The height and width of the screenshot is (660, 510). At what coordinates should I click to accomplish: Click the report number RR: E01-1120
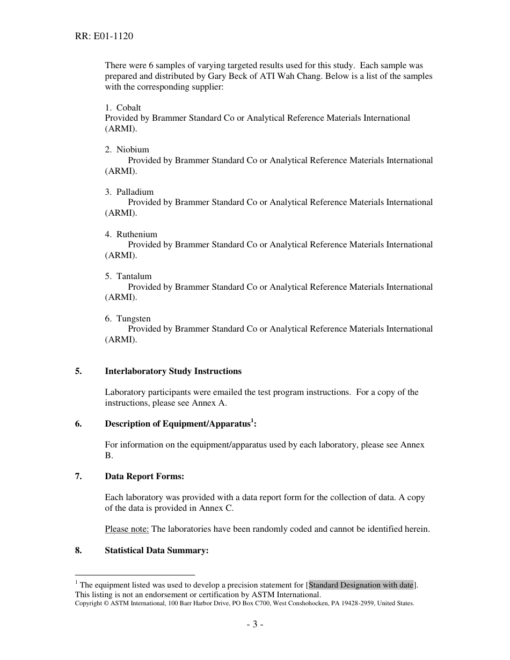tap(104, 36)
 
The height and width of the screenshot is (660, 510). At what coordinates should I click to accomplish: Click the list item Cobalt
tap(128, 107)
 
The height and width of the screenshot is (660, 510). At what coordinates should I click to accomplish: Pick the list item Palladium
tap(135, 192)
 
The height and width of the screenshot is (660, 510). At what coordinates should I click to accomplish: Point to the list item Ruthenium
tap(136, 234)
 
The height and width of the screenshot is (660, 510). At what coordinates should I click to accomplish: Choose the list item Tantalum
tap(134, 276)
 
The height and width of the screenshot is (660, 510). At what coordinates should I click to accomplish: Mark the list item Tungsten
tap(133, 319)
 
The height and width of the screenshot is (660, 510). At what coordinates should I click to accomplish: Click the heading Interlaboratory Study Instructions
tap(173, 371)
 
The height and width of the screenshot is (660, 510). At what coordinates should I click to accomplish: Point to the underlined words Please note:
tap(127, 529)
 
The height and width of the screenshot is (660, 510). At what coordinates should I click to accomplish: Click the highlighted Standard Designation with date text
tap(361, 585)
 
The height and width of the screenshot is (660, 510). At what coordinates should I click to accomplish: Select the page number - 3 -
tap(254, 624)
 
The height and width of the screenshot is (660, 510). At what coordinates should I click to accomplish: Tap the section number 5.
tap(78, 371)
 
